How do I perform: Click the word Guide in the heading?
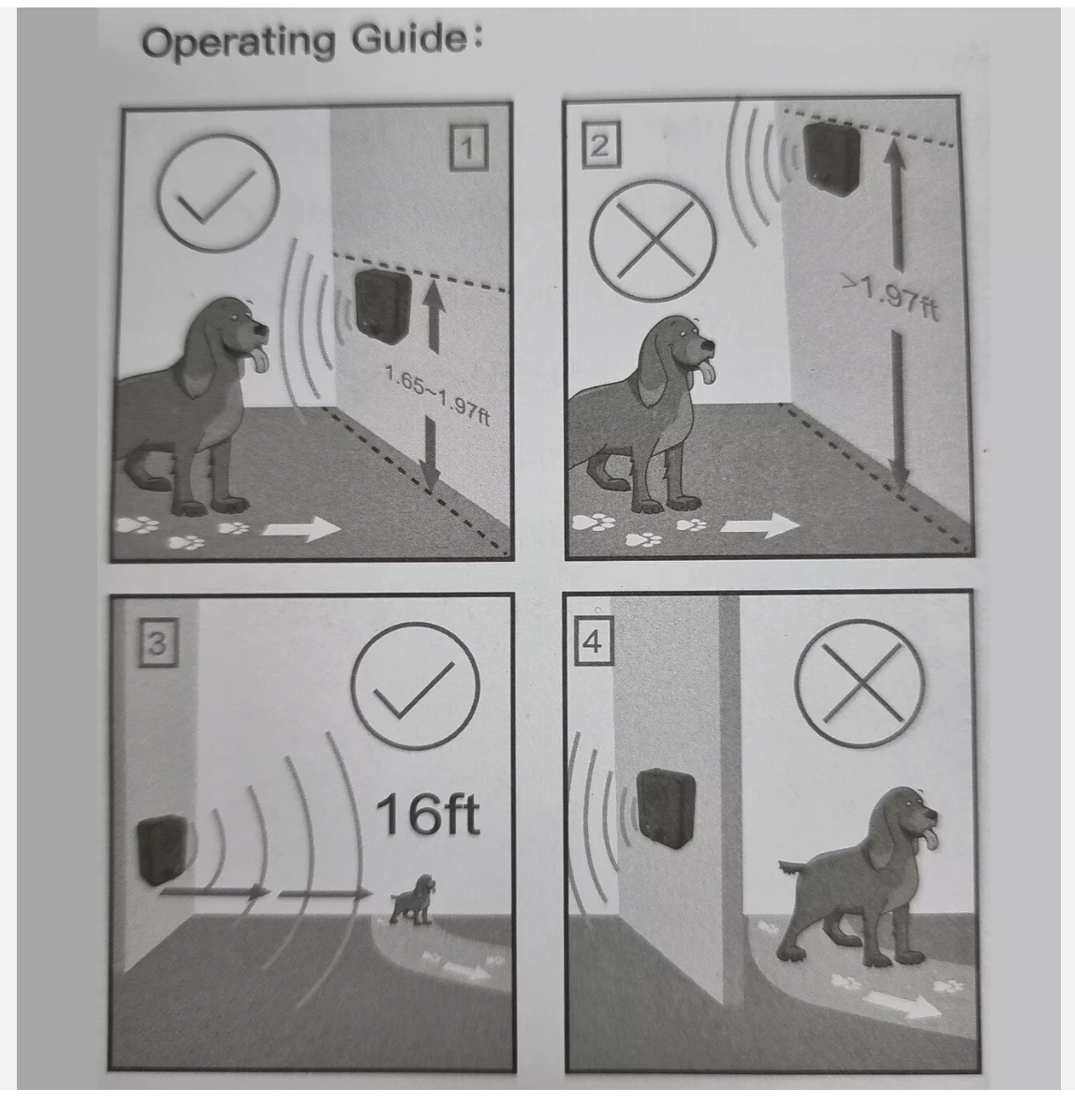click(409, 38)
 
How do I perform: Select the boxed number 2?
click(600, 146)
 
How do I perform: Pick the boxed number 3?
click(157, 643)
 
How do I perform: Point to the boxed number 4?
click(593, 640)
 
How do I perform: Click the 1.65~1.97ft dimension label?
click(437, 396)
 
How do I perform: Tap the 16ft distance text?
click(428, 814)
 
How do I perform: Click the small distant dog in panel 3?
click(414, 899)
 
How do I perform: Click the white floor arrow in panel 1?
click(302, 528)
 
